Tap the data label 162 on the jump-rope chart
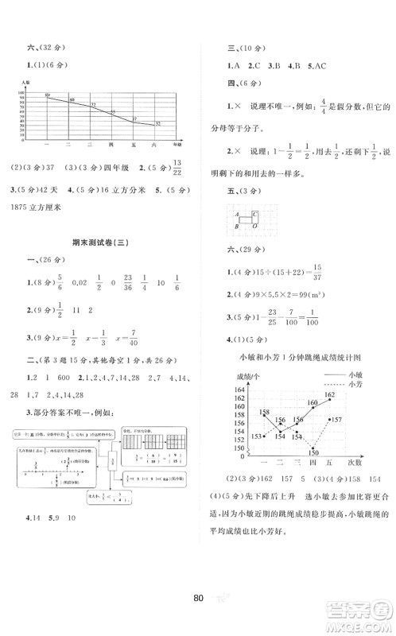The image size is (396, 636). click(330, 394)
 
